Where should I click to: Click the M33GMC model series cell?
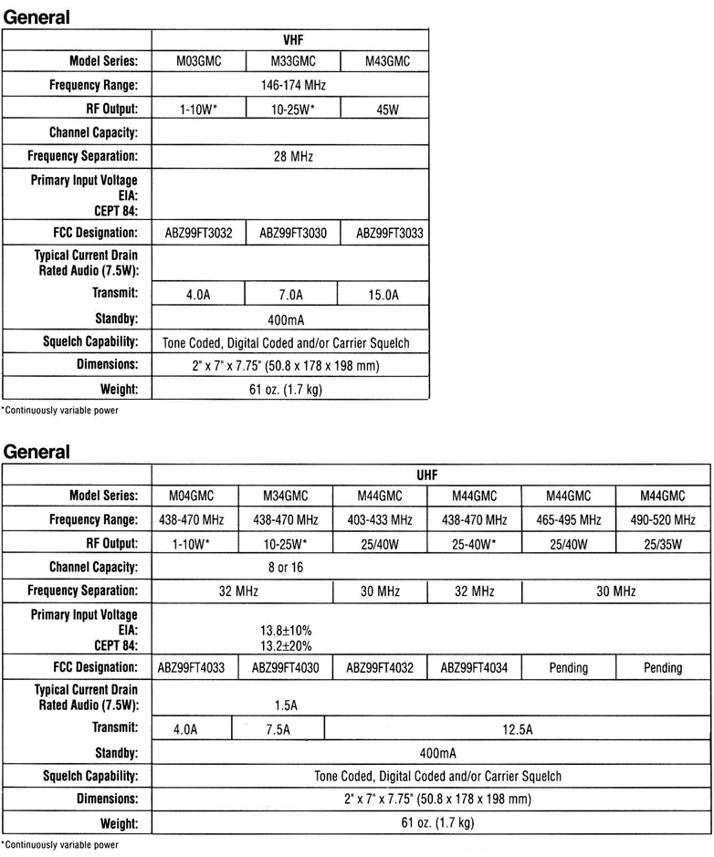pyautogui.click(x=290, y=62)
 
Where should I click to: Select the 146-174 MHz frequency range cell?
pyautogui.click(x=290, y=85)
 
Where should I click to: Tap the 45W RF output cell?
pyautogui.click(x=383, y=109)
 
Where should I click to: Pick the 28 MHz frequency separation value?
pyautogui.click(x=290, y=156)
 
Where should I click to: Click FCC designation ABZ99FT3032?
pyautogui.click(x=199, y=233)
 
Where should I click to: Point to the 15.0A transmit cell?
pyautogui.click(x=383, y=296)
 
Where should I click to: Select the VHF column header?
pyautogui.click(x=290, y=40)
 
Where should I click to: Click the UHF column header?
pyautogui.click(x=429, y=475)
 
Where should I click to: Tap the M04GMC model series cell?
pyautogui.click(x=194, y=496)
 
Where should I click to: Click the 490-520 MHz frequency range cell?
pyautogui.click(x=663, y=520)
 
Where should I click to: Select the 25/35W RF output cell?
pyautogui.click(x=663, y=543)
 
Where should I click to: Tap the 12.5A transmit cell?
pyautogui.click(x=517, y=729)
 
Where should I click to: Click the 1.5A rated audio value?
pyautogui.click(x=287, y=705)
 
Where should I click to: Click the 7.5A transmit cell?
pyautogui.click(x=278, y=729)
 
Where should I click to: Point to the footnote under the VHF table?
pyautogui.click(x=60, y=410)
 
